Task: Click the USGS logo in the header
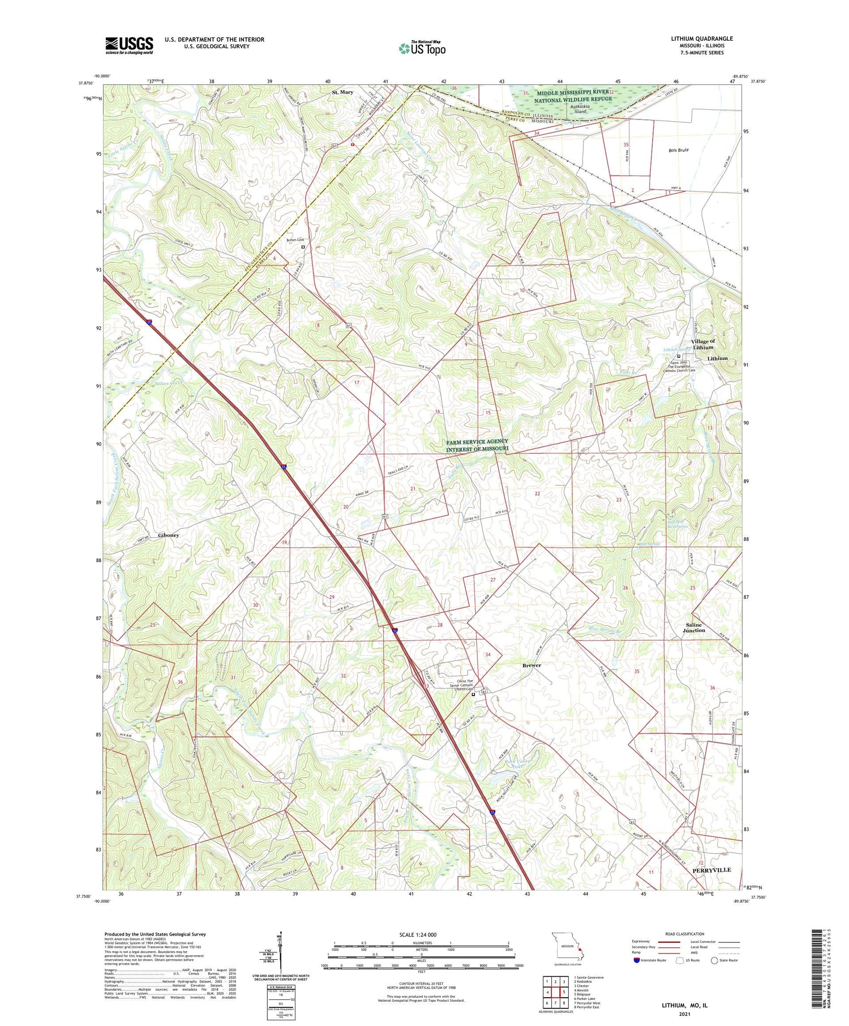point(129,45)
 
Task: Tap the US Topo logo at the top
point(422,48)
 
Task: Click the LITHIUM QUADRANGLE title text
point(701,38)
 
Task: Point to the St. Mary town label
point(342,92)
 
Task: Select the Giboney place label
point(169,535)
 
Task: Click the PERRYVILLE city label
point(711,870)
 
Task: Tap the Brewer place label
point(531,665)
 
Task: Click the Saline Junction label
point(694,628)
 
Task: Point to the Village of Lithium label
point(702,344)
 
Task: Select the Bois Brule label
point(678,150)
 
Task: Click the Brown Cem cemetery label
point(295,240)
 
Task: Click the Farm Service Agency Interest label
point(477,445)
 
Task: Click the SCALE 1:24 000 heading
point(422,934)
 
